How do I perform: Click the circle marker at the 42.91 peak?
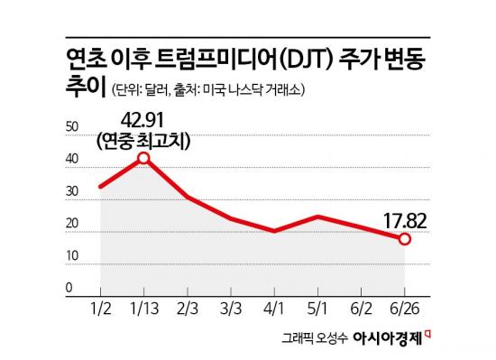[x=142, y=159]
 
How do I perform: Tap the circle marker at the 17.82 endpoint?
[x=405, y=239]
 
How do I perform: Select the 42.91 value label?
[x=142, y=119]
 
